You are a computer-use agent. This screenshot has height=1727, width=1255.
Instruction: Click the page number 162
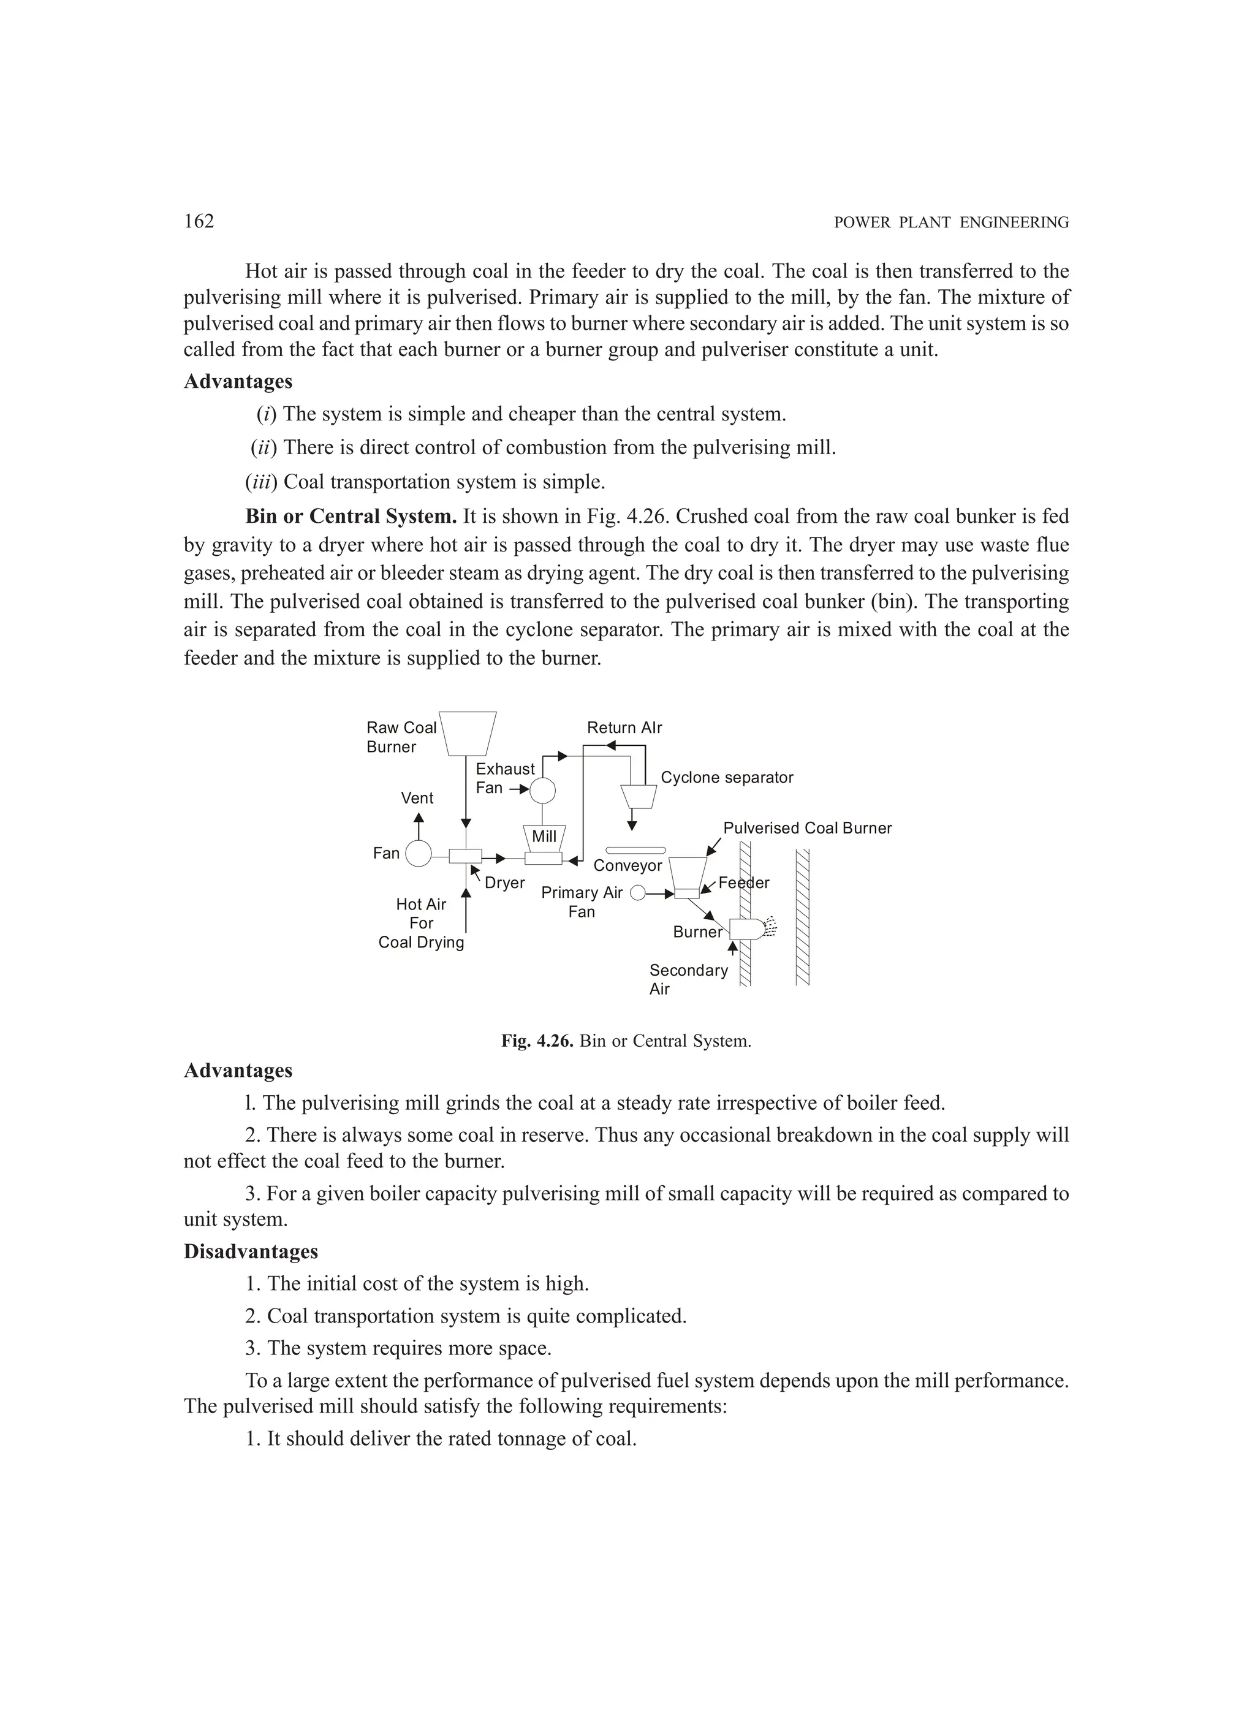(199, 222)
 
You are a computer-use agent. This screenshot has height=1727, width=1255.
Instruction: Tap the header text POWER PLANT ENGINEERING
(951, 223)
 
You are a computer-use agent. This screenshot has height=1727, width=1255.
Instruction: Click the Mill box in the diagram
(544, 838)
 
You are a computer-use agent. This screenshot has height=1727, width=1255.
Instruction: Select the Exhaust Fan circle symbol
(542, 791)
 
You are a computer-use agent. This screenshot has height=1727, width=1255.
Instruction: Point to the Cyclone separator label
(727, 778)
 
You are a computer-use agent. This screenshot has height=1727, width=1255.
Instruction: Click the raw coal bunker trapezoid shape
(468, 732)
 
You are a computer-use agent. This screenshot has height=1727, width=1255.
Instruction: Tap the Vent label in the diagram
(417, 798)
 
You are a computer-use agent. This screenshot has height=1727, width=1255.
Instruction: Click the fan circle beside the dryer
(418, 854)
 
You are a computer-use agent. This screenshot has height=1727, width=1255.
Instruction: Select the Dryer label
(505, 882)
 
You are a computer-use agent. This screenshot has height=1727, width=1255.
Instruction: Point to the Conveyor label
(627, 866)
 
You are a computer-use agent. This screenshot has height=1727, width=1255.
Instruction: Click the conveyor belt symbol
(635, 850)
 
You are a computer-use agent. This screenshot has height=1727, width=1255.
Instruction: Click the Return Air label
(624, 727)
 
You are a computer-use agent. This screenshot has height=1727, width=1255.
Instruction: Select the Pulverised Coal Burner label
(807, 828)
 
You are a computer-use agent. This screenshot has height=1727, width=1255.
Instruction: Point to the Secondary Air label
(688, 979)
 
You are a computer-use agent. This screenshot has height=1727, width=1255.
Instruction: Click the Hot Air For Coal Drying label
(421, 923)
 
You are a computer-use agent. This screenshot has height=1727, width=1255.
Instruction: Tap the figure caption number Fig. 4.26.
(537, 1041)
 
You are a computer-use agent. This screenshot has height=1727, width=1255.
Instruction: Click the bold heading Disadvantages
(251, 1252)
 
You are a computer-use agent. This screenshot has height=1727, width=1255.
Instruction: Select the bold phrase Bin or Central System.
(351, 516)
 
